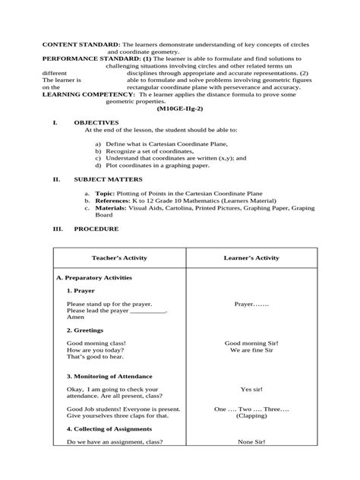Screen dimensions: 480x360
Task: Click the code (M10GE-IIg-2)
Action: click(x=179, y=108)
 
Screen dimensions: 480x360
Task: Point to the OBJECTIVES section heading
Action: click(x=96, y=122)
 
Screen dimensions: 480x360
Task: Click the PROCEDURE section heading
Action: click(x=96, y=227)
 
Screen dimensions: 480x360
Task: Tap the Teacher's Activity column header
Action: click(x=119, y=258)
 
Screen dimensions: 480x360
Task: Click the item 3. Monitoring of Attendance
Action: click(x=109, y=376)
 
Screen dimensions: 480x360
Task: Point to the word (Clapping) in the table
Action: click(x=251, y=416)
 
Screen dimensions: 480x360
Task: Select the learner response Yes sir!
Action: click(x=251, y=389)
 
